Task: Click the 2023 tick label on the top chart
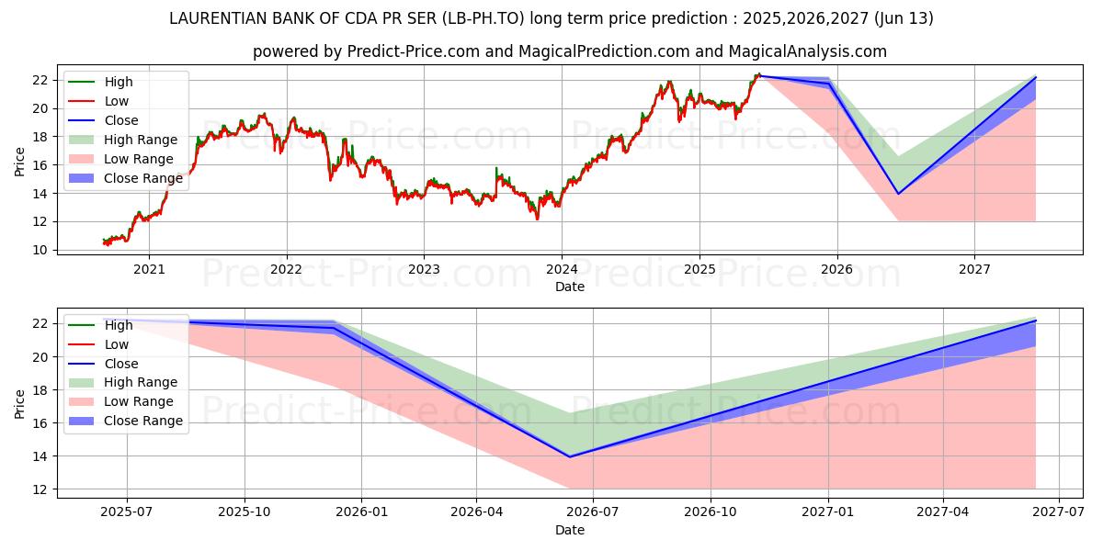pos(424,269)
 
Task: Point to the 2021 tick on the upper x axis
pos(149,269)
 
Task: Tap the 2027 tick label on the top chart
pos(974,269)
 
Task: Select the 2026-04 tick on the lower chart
pos(476,512)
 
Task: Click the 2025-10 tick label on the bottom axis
pos(244,512)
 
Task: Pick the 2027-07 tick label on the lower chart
pos(1059,512)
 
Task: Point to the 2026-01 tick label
pos(361,512)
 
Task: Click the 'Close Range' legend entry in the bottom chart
pos(142,421)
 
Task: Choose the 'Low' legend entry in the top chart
pos(117,101)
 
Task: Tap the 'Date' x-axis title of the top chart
pos(569,287)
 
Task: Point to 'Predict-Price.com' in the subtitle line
pos(413,51)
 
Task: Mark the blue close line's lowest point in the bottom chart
pos(570,456)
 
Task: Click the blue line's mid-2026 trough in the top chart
pos(898,194)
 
